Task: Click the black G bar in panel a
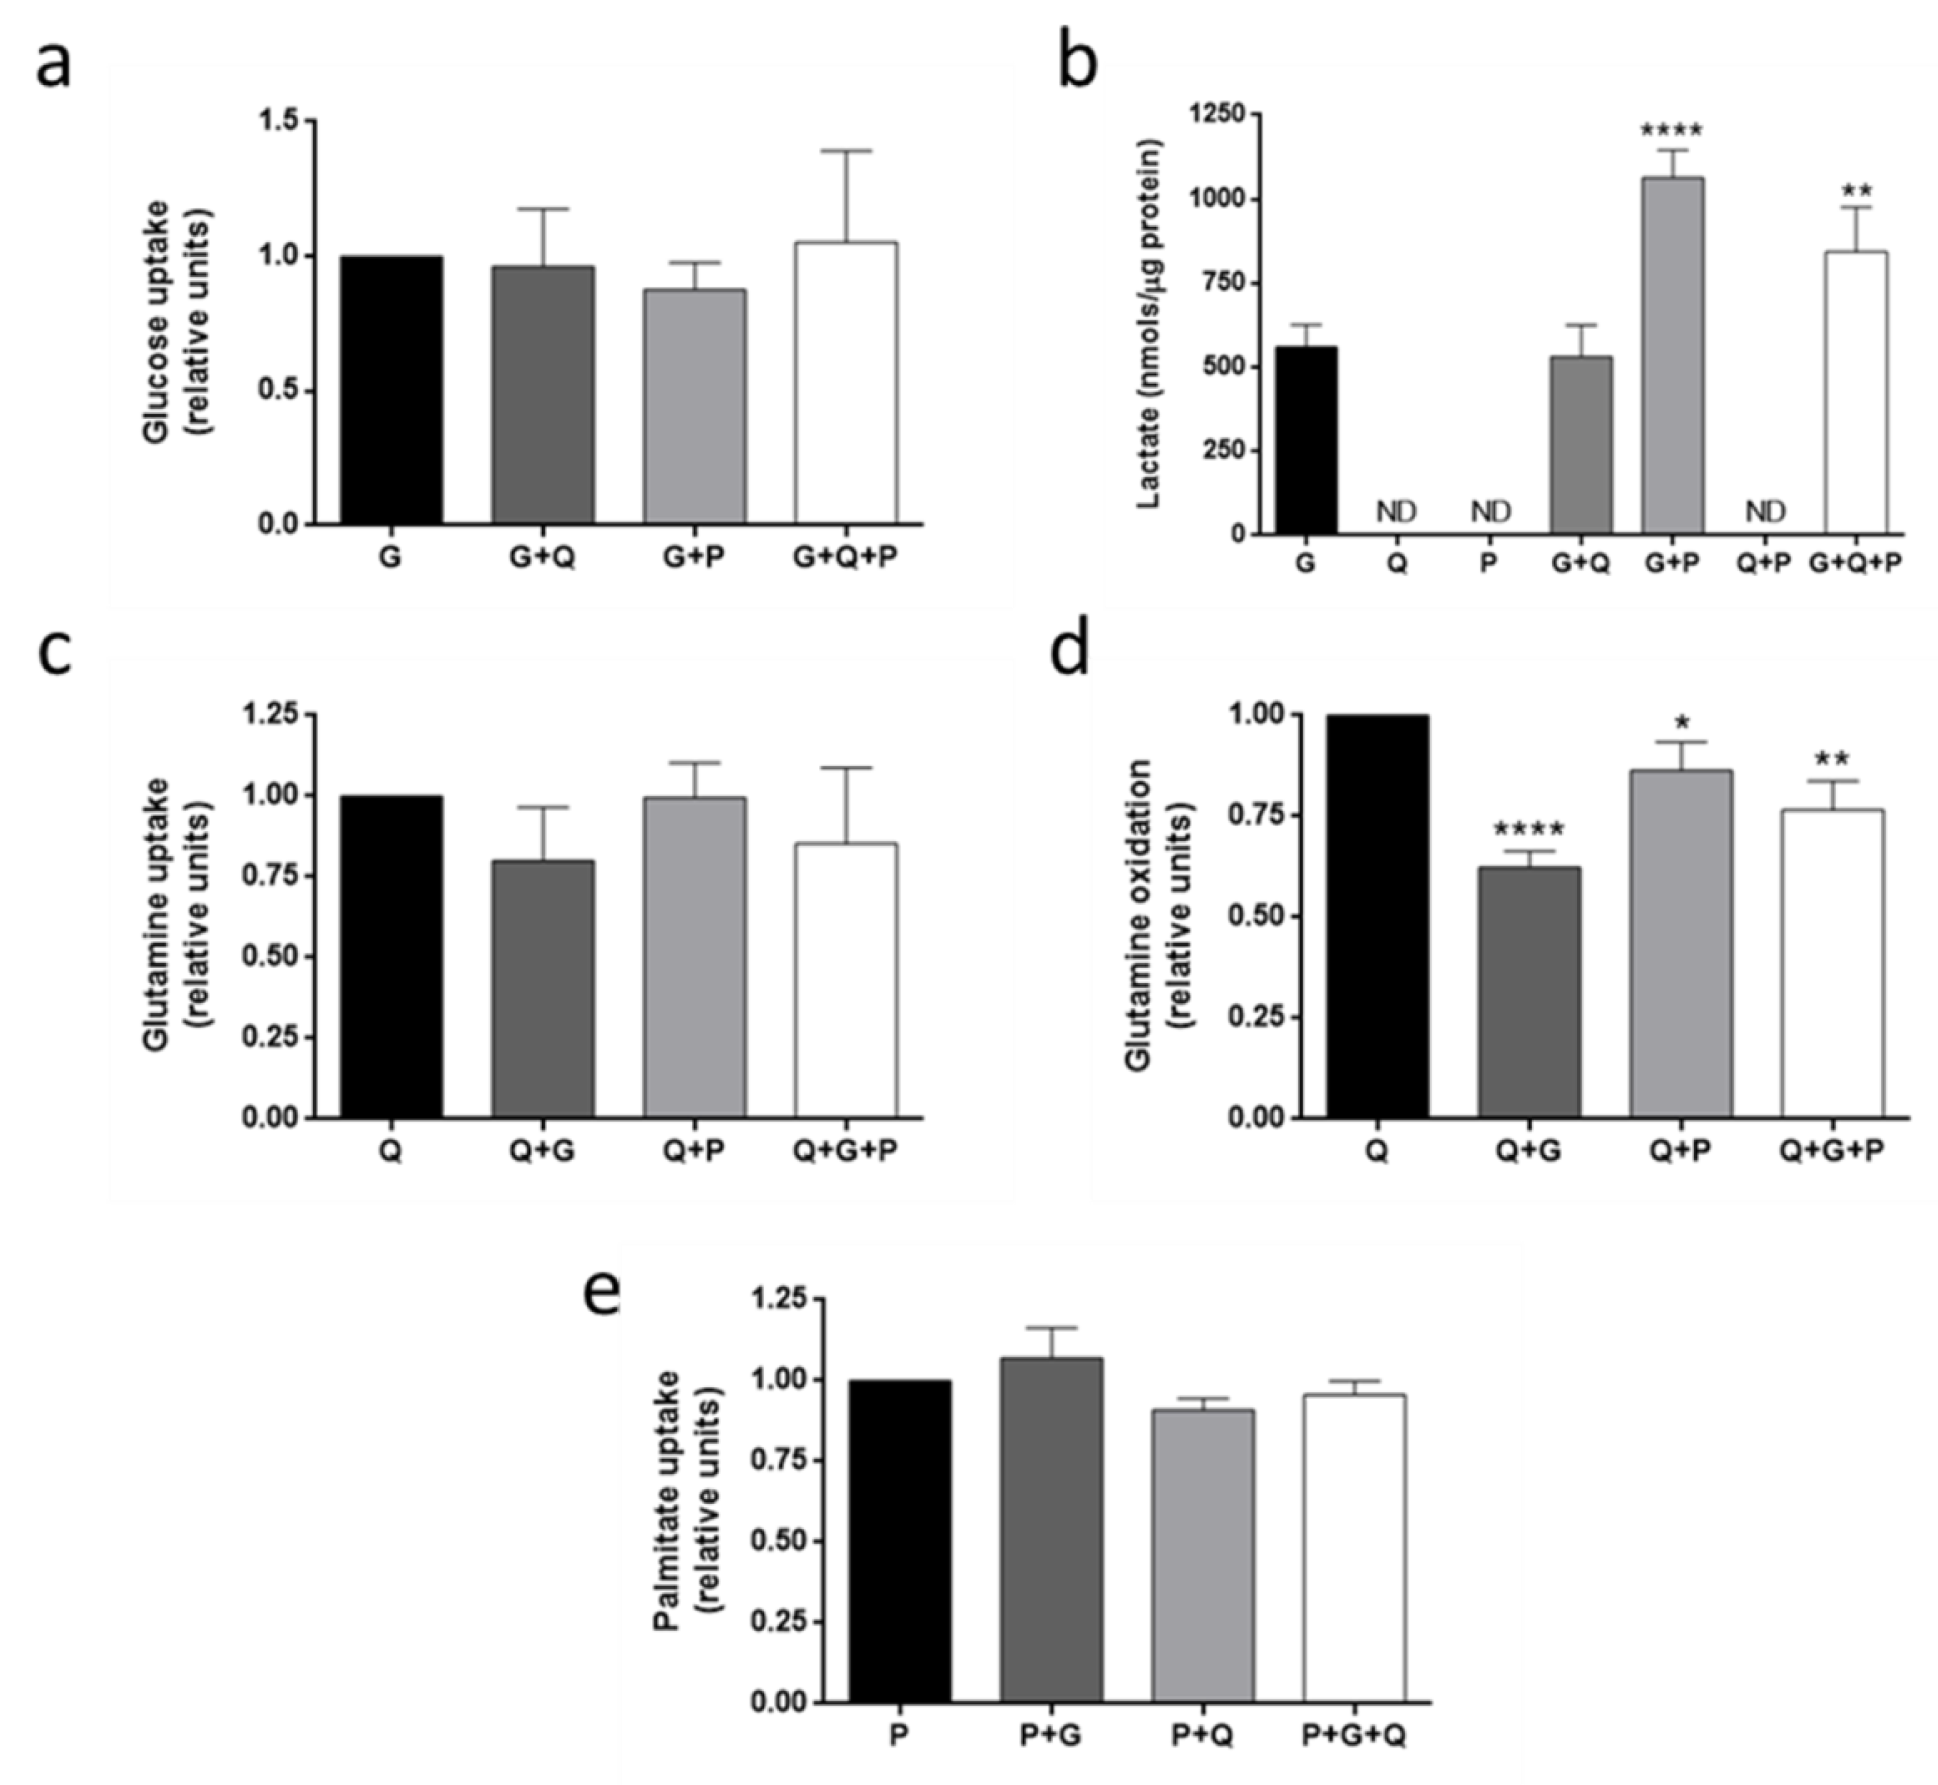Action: (391, 390)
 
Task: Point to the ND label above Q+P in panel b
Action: (1766, 510)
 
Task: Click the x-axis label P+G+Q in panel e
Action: (1353, 1736)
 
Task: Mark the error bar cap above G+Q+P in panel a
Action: (846, 151)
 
